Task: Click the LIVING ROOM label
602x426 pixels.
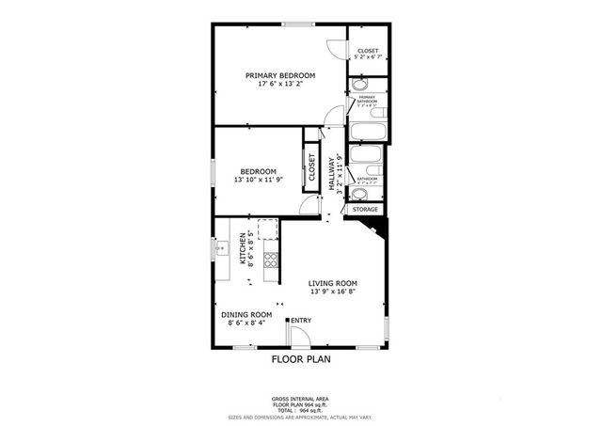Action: (333, 282)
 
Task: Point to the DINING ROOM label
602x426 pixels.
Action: (246, 315)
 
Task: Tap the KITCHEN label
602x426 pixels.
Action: (242, 248)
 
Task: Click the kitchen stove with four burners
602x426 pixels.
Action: (271, 260)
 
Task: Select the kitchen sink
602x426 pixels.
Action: (222, 250)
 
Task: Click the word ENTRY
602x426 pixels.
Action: (301, 321)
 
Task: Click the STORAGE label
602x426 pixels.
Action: (365, 209)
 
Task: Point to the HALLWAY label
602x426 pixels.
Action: (331, 173)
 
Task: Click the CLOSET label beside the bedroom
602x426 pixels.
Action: (311, 166)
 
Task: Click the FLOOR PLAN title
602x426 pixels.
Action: (301, 358)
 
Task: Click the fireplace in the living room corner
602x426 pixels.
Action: (370, 229)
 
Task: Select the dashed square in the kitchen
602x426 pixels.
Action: (267, 229)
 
